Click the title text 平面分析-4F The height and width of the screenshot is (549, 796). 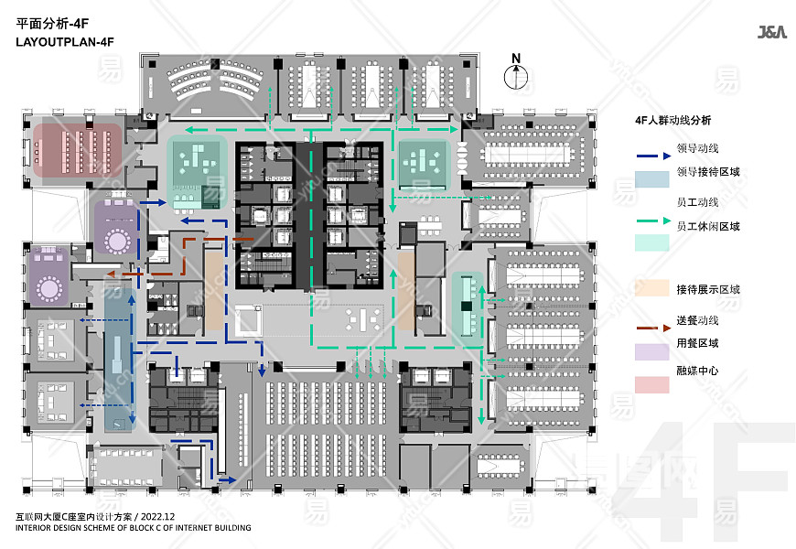click(52, 24)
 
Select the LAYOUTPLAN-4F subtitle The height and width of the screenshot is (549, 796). click(65, 42)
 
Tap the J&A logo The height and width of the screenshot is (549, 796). click(772, 33)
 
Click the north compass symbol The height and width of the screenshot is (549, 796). click(516, 72)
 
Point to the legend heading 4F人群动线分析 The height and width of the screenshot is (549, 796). click(673, 121)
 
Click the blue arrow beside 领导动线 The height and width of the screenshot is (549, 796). click(654, 156)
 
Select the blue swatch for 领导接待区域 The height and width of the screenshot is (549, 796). click(651, 179)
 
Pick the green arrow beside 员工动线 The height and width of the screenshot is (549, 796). click(654, 221)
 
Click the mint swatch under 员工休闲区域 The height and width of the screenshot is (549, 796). click(651, 242)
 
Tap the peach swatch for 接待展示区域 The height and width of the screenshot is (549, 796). click(651, 288)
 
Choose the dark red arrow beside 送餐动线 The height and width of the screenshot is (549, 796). click(654, 328)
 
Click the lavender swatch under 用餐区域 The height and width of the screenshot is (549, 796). click(651, 352)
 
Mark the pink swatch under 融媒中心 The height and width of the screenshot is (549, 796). click(651, 385)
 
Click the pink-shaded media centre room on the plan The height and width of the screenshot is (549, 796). click(78, 151)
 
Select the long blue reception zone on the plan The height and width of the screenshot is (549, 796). click(120, 360)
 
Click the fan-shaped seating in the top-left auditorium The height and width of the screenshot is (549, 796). click(215, 79)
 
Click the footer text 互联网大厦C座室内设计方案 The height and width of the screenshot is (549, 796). click(73, 517)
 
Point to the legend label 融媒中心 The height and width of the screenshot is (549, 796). click(697, 371)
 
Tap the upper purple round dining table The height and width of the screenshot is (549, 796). click(118, 241)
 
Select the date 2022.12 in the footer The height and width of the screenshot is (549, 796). click(158, 517)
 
